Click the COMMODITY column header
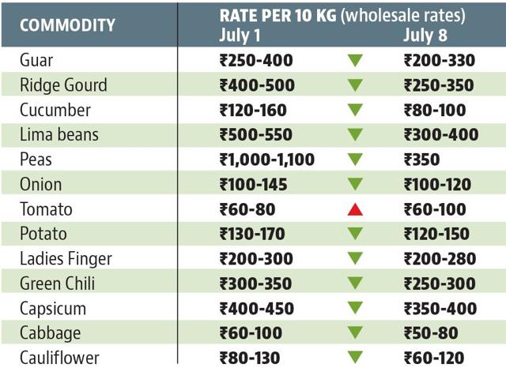[x=67, y=25]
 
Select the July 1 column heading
[x=240, y=35]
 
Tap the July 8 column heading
[x=425, y=35]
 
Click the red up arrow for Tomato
[x=355, y=209]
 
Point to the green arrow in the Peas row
[x=355, y=160]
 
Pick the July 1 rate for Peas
[x=267, y=160]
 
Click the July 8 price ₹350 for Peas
[x=421, y=160]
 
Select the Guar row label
[x=36, y=60]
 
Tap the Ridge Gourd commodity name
[x=63, y=85]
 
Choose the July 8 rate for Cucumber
[x=435, y=111]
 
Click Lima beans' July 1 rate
[x=256, y=135]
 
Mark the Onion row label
[x=40, y=184]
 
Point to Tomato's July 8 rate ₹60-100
[x=435, y=209]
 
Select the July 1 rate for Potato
[x=252, y=234]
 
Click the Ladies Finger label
[x=66, y=259]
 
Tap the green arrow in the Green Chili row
[x=355, y=284]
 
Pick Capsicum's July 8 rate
[x=440, y=309]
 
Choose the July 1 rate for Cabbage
[x=251, y=333]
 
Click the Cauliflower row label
[x=59, y=358]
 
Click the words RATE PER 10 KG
[x=278, y=16]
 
